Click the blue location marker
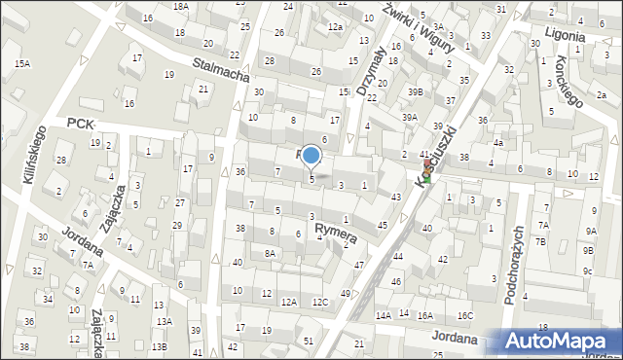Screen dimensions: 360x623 click(x=311, y=156)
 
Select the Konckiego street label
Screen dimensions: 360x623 click(x=570, y=86)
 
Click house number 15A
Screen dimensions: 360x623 click(x=21, y=63)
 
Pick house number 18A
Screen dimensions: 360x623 click(x=181, y=7)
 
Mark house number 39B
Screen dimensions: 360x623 click(x=416, y=91)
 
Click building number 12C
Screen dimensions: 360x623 click(x=320, y=302)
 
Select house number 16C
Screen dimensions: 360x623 click(x=465, y=315)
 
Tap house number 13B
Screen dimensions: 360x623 click(x=159, y=346)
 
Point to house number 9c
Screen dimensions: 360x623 click(x=587, y=271)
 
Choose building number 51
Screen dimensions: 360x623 click(x=309, y=340)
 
